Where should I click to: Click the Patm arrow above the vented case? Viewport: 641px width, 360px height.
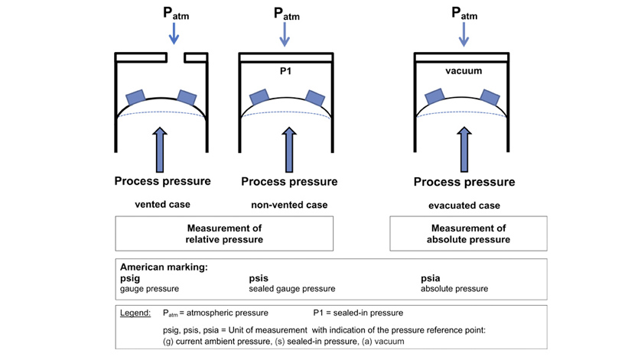click(174, 34)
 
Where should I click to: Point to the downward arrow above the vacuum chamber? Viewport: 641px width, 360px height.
click(464, 34)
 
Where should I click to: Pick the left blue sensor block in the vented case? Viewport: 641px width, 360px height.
click(135, 98)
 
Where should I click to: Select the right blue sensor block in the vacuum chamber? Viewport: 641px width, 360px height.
click(490, 96)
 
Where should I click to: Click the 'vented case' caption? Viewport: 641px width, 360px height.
click(162, 205)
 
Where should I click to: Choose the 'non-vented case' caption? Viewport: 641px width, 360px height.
click(288, 205)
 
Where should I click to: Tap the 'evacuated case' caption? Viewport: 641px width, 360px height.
click(464, 206)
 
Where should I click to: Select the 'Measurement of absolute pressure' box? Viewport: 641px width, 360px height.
click(464, 233)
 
